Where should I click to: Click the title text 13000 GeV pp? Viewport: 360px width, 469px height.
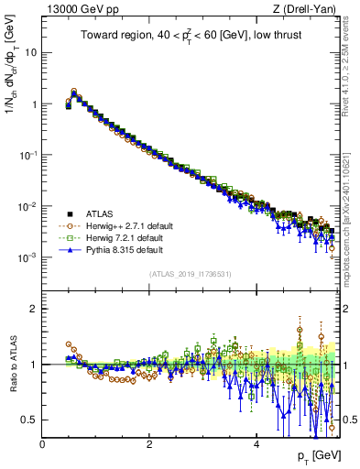[80, 9]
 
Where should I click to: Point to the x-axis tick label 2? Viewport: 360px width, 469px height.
[149, 443]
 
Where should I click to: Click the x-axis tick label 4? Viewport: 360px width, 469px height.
[256, 443]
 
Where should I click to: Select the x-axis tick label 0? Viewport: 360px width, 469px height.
[42, 443]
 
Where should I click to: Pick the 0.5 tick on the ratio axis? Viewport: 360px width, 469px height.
[29, 420]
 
